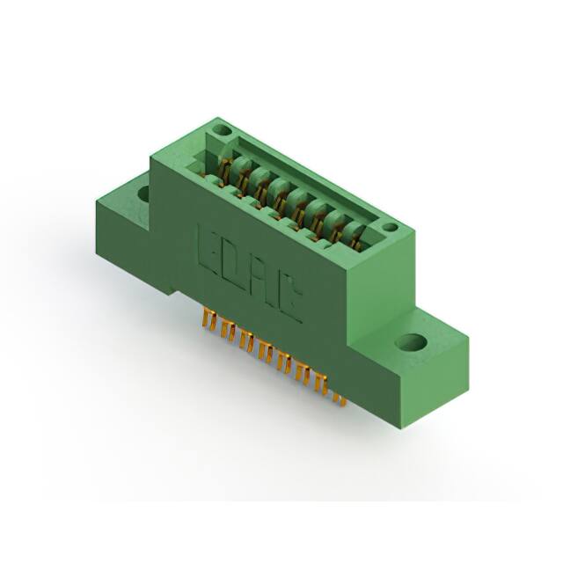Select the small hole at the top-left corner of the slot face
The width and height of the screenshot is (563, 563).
click(223, 133)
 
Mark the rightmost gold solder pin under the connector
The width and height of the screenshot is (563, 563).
click(340, 398)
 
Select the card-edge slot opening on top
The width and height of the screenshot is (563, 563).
click(299, 185)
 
